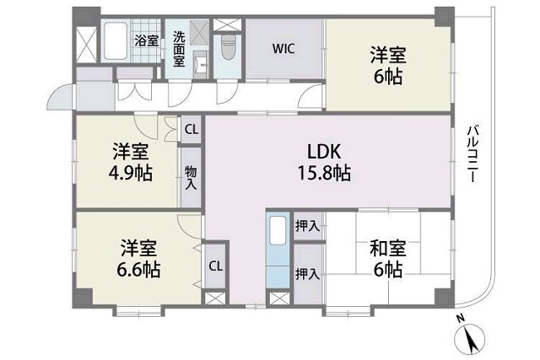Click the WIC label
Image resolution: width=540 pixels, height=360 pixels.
coord(283,49)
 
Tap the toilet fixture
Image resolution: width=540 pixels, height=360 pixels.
coord(227,46)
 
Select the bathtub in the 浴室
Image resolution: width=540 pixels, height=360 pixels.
coord(115,40)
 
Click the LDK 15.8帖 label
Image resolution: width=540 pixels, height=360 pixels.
coord(324,162)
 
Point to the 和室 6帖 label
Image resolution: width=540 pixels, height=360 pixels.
coord(388,259)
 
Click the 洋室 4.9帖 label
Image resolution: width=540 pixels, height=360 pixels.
coord(131,162)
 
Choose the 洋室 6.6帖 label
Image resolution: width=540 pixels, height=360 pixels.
coord(138,259)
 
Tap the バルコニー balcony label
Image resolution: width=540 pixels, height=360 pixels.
coord(472,153)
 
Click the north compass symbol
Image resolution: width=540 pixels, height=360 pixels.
coord(469,339)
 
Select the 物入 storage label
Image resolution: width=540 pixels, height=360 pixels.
coord(191,177)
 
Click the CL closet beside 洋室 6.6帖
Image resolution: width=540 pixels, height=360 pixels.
coord(216,266)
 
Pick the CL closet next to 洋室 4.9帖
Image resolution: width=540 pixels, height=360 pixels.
coord(192,130)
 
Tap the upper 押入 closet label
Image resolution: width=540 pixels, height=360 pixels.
coord(307,226)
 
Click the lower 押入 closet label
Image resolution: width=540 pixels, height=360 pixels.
coord(307,274)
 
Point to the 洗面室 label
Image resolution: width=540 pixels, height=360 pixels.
coord(179,49)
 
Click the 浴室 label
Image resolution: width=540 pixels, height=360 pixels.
coord(147,40)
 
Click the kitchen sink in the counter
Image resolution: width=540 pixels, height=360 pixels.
coord(278,230)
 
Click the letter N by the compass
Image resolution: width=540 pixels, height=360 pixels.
coord(460,319)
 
